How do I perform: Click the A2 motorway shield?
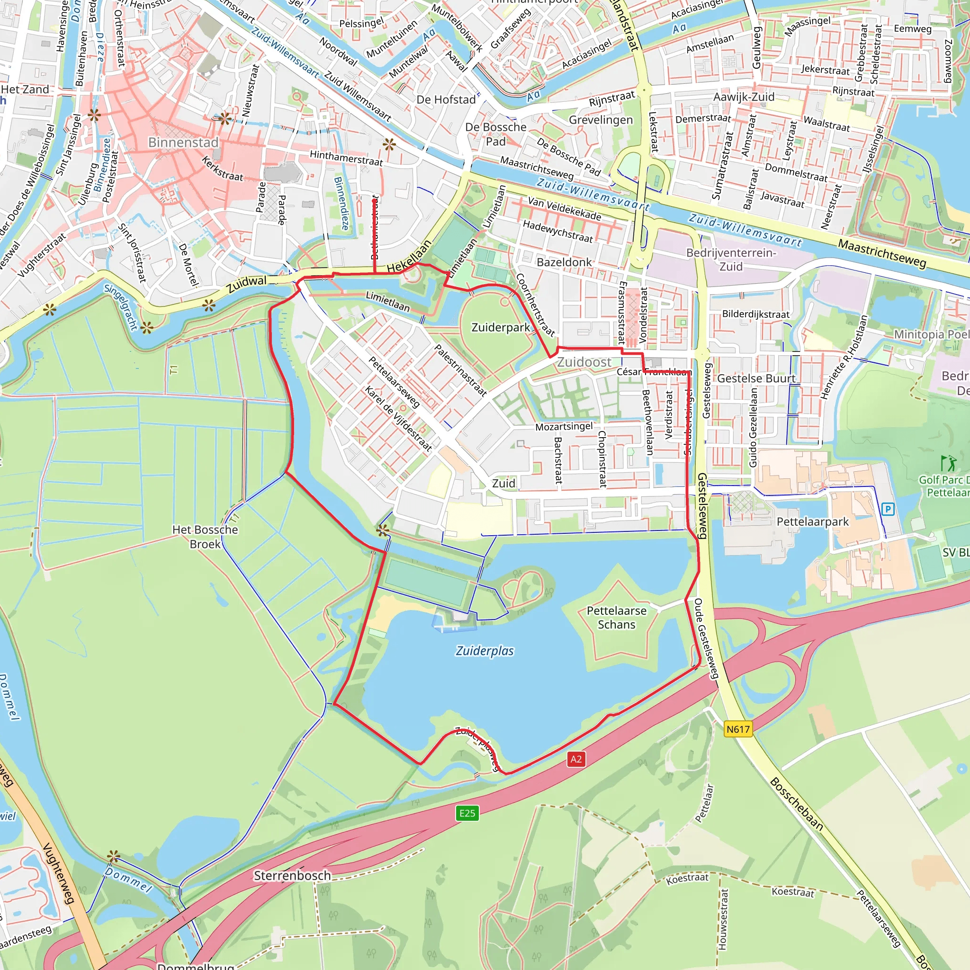pyautogui.click(x=576, y=759)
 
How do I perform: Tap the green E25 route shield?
pyautogui.click(x=467, y=813)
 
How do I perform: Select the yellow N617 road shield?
pyautogui.click(x=738, y=729)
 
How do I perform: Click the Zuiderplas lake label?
pyautogui.click(x=485, y=651)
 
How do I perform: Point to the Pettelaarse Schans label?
pyautogui.click(x=617, y=618)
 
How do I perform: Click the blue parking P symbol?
pyautogui.click(x=888, y=509)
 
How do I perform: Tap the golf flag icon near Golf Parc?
pyautogui.click(x=948, y=463)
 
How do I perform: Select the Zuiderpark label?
pyautogui.click(x=501, y=327)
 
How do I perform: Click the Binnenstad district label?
pyautogui.click(x=183, y=142)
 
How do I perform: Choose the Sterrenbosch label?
pyautogui.click(x=292, y=876)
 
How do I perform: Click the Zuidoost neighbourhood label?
pyautogui.click(x=584, y=362)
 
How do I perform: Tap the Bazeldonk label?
pyautogui.click(x=564, y=262)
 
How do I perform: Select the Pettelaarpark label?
pyautogui.click(x=812, y=521)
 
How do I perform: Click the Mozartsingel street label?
pyautogui.click(x=564, y=427)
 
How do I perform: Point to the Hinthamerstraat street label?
pyautogui.click(x=346, y=158)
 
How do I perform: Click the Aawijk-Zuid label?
pyautogui.click(x=744, y=97)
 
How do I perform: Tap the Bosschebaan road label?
pyautogui.click(x=796, y=803)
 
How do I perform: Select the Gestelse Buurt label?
pyautogui.click(x=756, y=378)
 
